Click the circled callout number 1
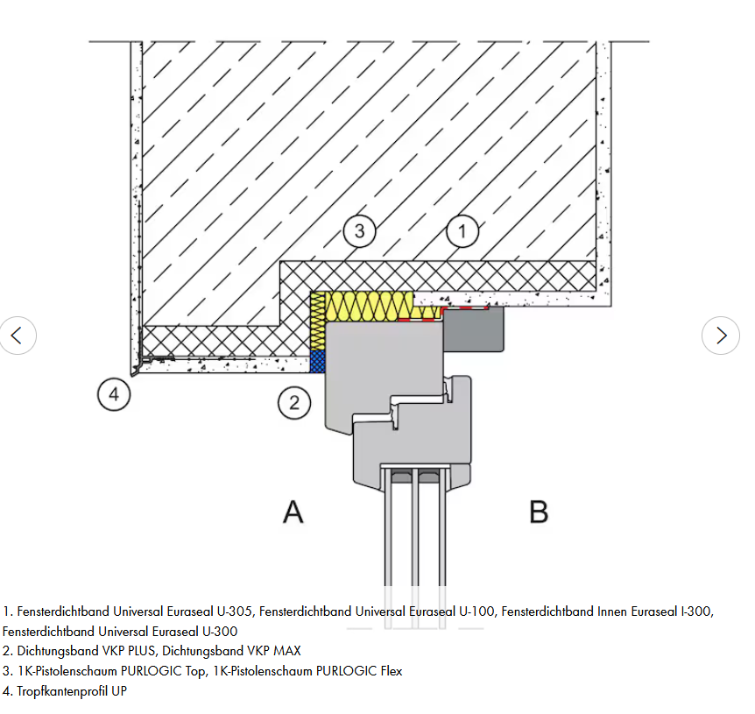[x=462, y=231]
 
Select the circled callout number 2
[x=294, y=403]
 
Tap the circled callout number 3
[x=359, y=231]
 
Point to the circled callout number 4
[x=114, y=394]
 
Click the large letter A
[x=293, y=511]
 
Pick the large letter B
[x=539, y=511]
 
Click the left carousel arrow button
[x=18, y=336]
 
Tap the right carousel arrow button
[x=721, y=336]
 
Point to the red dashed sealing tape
[x=464, y=308]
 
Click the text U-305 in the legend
[x=235, y=611]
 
